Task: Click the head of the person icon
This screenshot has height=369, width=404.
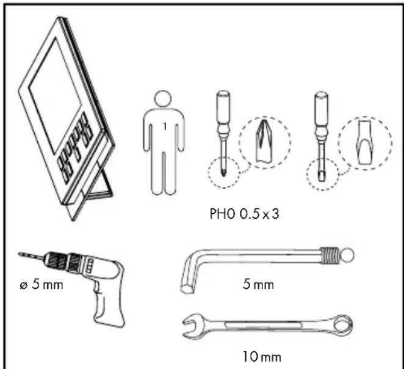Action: (163, 98)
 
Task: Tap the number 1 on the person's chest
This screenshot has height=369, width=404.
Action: (165, 126)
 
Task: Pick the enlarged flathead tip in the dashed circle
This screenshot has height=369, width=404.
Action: (365, 142)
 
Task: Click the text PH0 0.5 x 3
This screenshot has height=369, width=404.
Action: (244, 214)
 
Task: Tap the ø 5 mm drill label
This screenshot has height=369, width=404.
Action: (41, 285)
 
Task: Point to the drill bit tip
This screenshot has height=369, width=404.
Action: (20, 254)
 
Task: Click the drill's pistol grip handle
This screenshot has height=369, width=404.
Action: (108, 307)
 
